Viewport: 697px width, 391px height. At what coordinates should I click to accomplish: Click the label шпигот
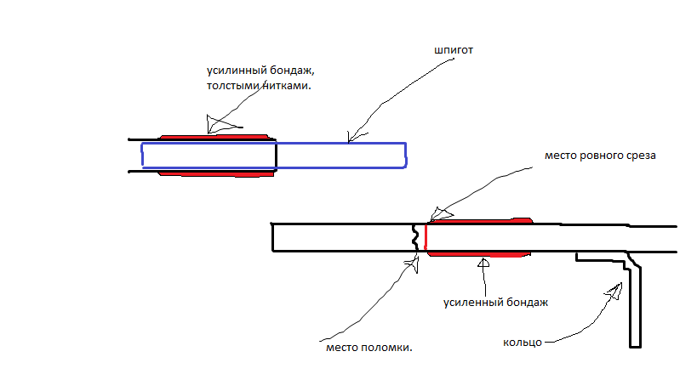pyautogui.click(x=454, y=50)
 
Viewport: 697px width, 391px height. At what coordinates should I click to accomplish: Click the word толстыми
pyautogui.click(x=233, y=85)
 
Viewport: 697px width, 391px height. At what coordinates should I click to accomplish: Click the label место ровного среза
pyautogui.click(x=600, y=156)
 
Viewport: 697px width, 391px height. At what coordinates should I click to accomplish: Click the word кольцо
pyautogui.click(x=523, y=343)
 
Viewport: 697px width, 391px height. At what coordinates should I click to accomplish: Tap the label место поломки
pyautogui.click(x=369, y=348)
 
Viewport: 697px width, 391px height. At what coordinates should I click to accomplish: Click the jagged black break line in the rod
pyautogui.click(x=415, y=237)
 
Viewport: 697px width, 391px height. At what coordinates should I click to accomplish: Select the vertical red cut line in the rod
pyautogui.click(x=426, y=237)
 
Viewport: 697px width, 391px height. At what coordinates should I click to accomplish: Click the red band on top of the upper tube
pyautogui.click(x=214, y=137)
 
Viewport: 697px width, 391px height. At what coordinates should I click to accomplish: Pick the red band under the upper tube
pyautogui.click(x=216, y=173)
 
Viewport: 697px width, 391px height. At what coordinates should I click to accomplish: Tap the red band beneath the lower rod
pyautogui.click(x=479, y=254)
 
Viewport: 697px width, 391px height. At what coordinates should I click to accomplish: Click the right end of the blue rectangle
pyautogui.click(x=406, y=156)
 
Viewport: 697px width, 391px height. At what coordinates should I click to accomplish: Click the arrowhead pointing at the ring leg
pyautogui.click(x=614, y=292)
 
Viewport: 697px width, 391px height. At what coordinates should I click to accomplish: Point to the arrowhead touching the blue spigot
pyautogui.click(x=356, y=136)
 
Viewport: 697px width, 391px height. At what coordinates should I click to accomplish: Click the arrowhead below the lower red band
pyautogui.click(x=483, y=263)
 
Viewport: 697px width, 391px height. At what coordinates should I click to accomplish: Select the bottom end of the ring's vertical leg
pyautogui.click(x=635, y=346)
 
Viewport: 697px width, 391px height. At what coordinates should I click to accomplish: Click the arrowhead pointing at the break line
pyautogui.click(x=413, y=264)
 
